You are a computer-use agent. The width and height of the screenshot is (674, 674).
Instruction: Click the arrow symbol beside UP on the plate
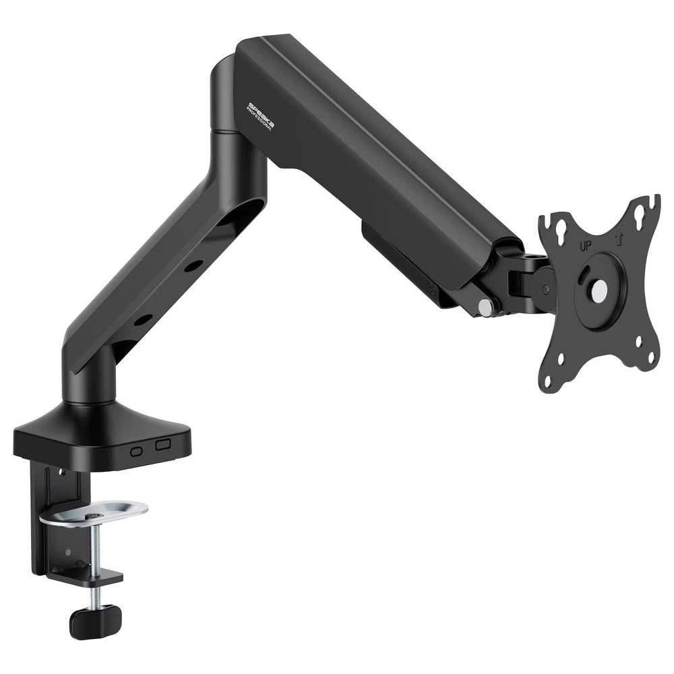[617, 240]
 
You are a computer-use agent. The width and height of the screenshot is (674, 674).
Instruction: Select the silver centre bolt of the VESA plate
[599, 290]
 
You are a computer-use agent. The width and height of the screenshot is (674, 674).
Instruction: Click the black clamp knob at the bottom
[96, 621]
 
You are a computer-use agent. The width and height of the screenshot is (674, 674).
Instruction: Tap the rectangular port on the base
[162, 445]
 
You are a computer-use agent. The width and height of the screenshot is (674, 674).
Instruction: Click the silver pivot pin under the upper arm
[485, 306]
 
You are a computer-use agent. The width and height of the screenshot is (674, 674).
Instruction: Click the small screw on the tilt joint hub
[545, 289]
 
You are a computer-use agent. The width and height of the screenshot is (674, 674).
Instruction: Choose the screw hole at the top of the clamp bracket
[59, 471]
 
